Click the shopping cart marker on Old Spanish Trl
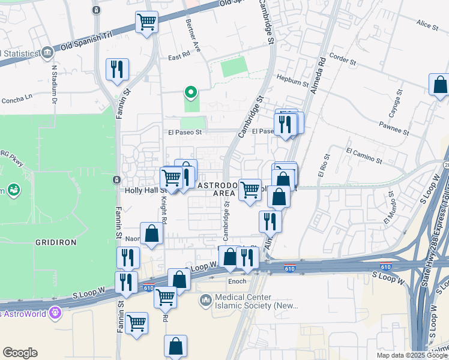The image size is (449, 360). (x=147, y=23)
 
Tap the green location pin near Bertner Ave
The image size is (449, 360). (x=191, y=92)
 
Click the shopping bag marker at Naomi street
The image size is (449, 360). (x=151, y=234)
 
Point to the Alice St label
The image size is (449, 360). (x=427, y=24)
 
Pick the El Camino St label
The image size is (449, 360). (x=364, y=155)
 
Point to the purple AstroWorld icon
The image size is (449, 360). (x=56, y=313)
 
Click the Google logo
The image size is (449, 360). (x=20, y=353)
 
